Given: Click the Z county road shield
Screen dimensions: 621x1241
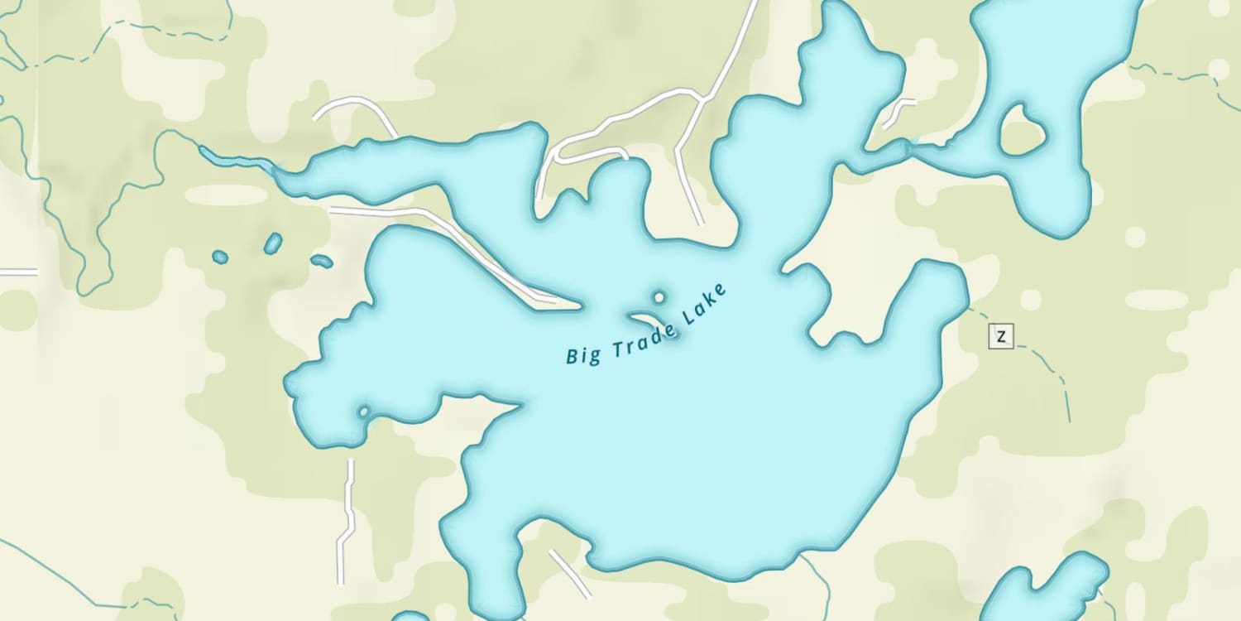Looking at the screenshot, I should [1001, 336].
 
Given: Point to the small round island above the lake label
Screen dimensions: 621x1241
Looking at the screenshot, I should [659, 296].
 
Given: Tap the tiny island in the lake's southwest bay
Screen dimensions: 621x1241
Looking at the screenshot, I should [362, 411].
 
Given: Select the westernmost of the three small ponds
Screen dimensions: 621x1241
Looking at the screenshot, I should [219, 258].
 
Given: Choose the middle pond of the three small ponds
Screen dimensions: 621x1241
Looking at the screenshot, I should [273, 243].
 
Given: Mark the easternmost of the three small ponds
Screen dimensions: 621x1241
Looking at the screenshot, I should [322, 262].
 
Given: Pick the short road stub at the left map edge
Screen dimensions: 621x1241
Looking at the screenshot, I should [18, 272].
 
